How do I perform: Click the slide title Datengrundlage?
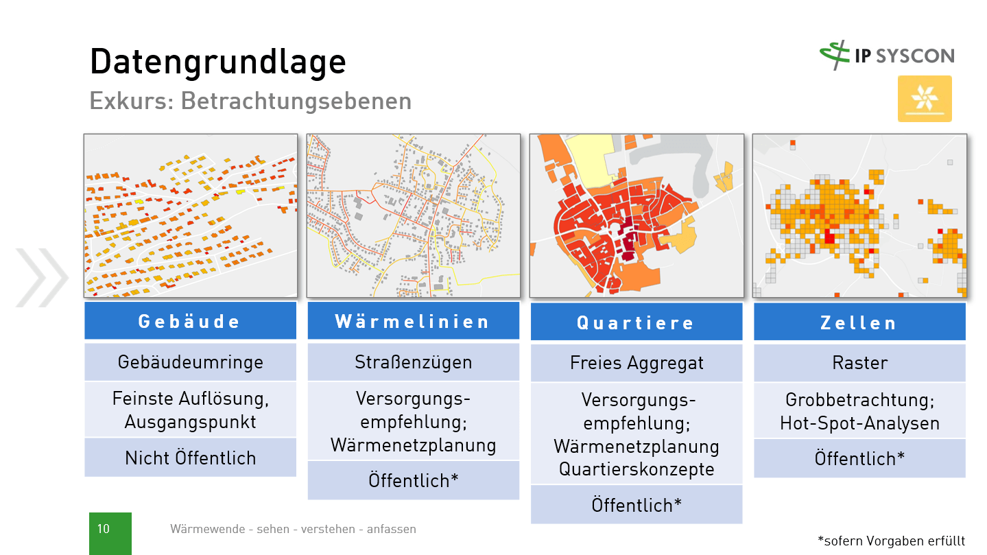[x=217, y=62]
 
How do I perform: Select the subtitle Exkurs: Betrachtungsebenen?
[x=250, y=101]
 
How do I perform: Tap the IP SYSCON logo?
[x=886, y=56]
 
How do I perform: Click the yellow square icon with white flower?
[x=925, y=99]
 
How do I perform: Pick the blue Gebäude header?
[x=190, y=321]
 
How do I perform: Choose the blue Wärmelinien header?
[x=413, y=321]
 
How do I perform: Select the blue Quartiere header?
[x=636, y=322]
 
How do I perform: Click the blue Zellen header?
[x=859, y=322]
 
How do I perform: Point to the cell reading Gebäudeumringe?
[x=190, y=362]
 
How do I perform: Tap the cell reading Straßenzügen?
[x=413, y=362]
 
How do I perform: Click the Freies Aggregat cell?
[x=636, y=363]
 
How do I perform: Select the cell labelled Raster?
[x=859, y=363]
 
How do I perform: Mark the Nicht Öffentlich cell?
[x=190, y=458]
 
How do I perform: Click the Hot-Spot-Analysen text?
[x=859, y=423]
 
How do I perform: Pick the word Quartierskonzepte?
[x=636, y=469]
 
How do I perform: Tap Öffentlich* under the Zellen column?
[x=859, y=458]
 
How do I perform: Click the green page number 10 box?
[x=110, y=533]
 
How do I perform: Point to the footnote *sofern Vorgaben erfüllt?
[x=891, y=541]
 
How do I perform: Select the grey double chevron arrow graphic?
[x=41, y=278]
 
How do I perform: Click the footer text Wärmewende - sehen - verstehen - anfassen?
[x=293, y=529]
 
